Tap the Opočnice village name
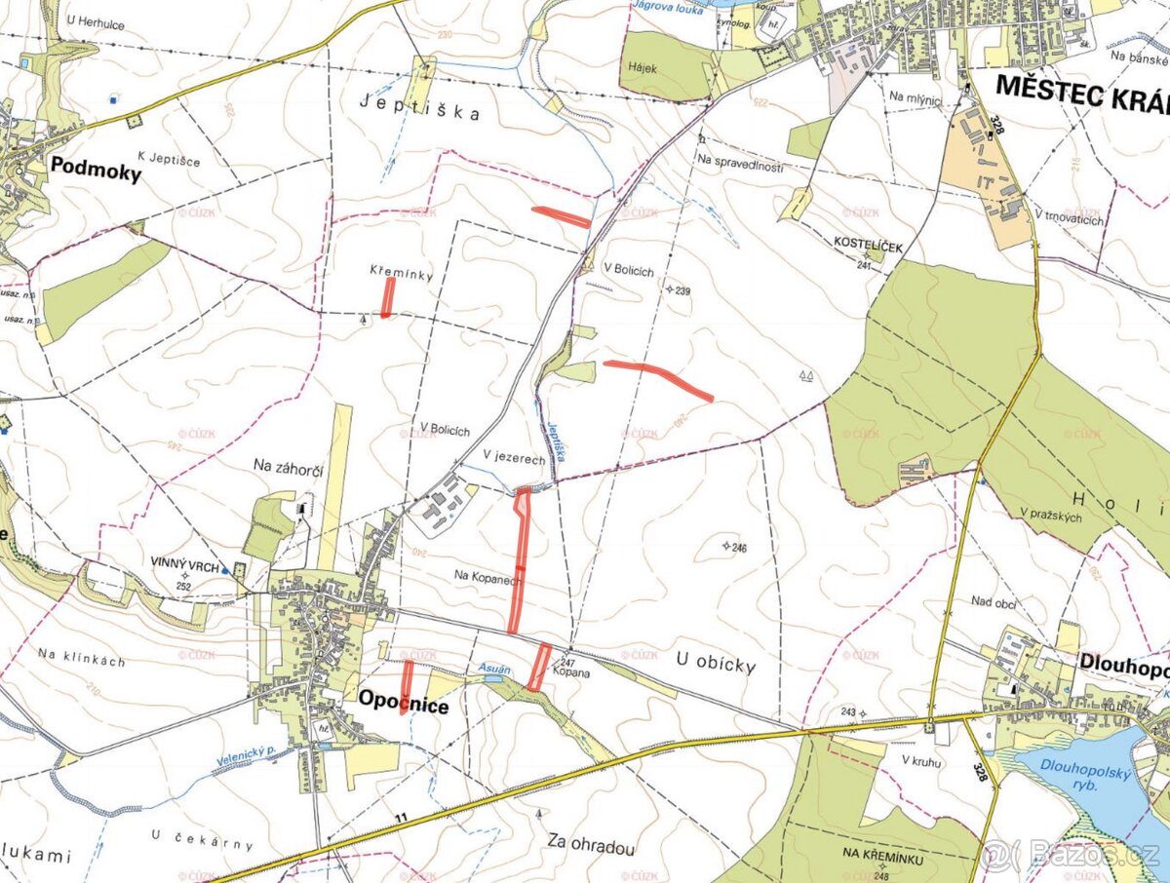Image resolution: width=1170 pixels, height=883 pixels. pyautogui.click(x=403, y=701)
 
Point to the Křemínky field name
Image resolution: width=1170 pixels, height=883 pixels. pyautogui.click(x=401, y=274)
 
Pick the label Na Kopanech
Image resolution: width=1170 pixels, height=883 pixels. pyautogui.click(x=488, y=576)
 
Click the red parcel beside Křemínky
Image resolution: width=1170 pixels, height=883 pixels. pyautogui.click(x=388, y=296)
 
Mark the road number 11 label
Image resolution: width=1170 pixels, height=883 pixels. pyautogui.click(x=400, y=815)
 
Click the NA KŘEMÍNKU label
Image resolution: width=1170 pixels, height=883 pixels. pyautogui.click(x=883, y=855)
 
